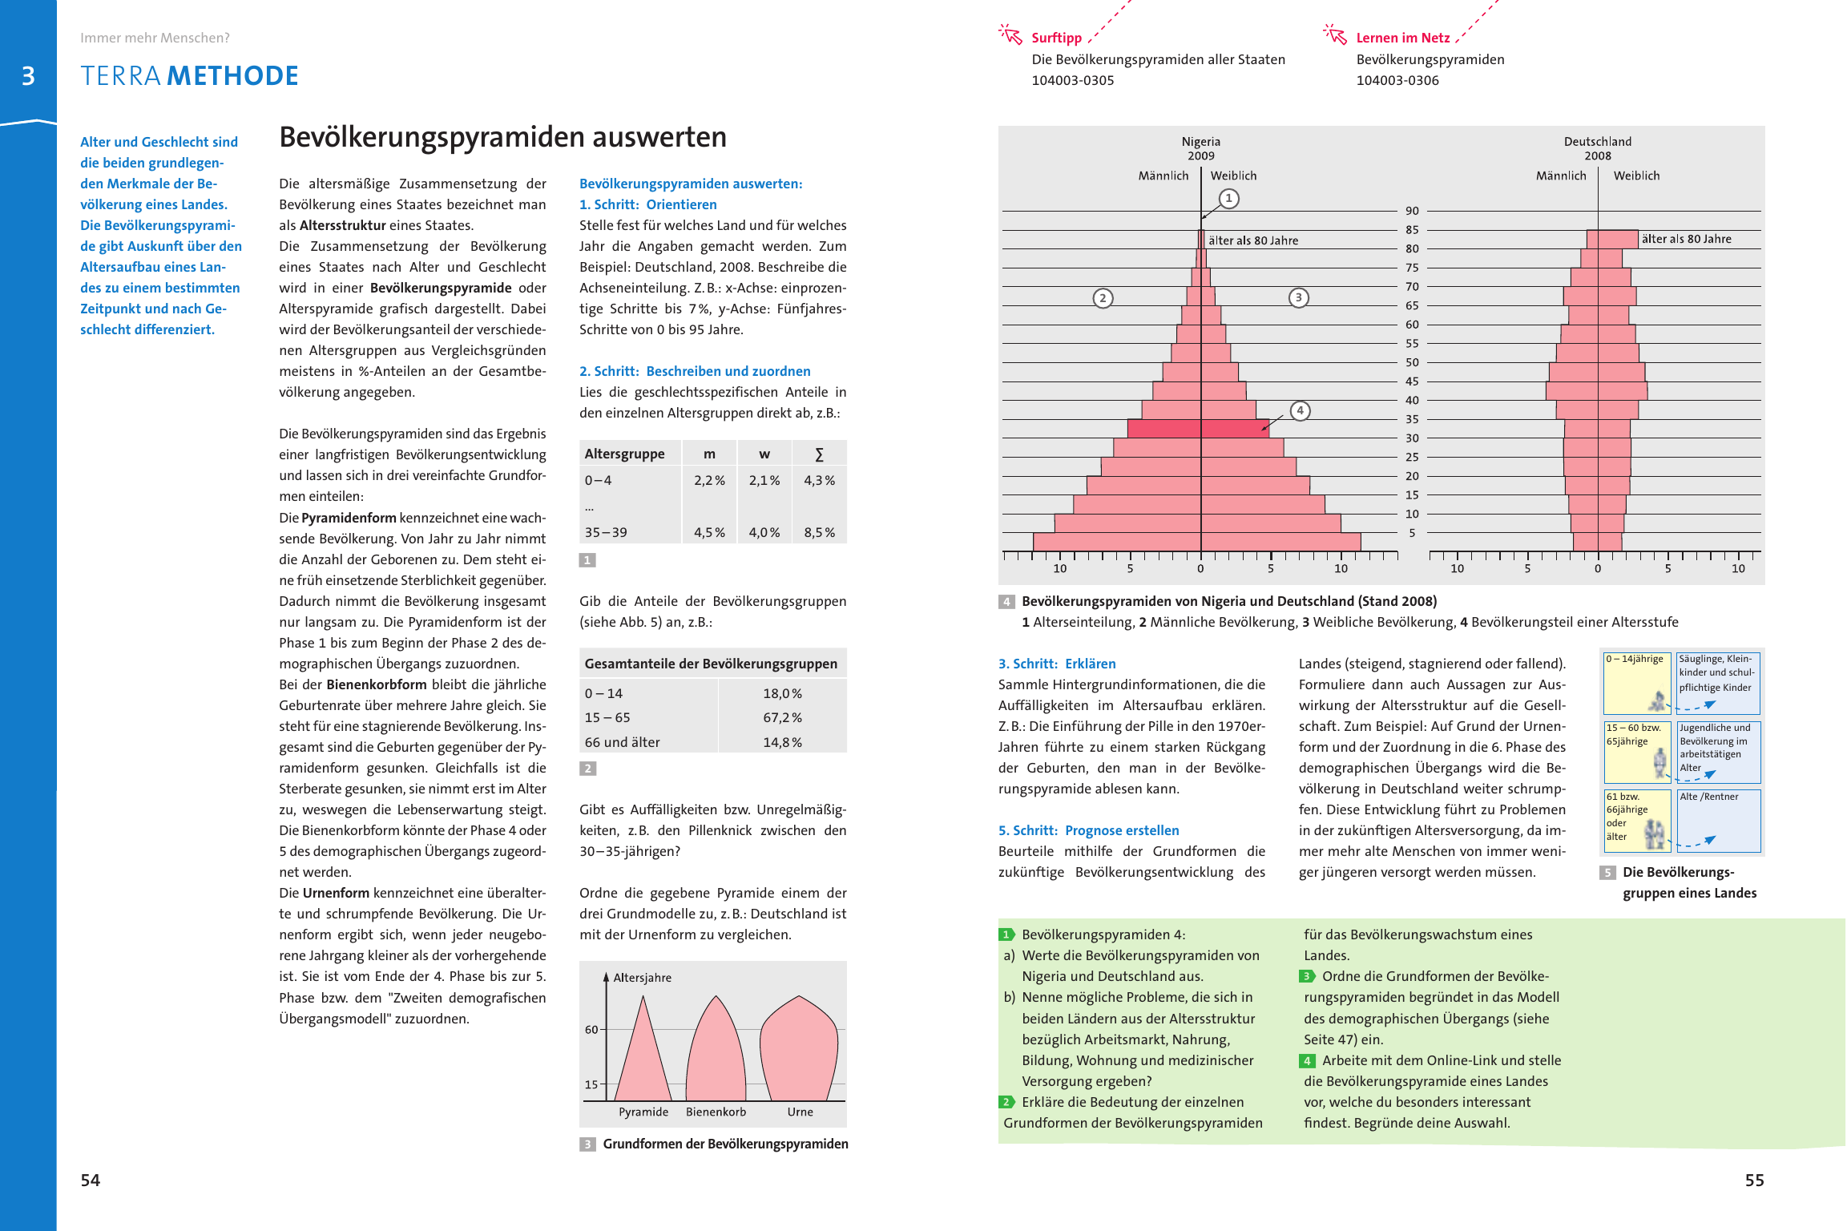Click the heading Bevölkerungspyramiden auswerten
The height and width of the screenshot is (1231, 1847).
(502, 137)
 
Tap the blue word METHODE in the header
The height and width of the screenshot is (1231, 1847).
(232, 76)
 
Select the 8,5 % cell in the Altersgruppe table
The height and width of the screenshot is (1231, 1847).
(819, 532)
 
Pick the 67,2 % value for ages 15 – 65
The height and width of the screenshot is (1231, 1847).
(782, 717)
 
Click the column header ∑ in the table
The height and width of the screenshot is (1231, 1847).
(819, 454)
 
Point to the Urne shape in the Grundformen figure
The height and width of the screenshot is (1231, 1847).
(799, 1050)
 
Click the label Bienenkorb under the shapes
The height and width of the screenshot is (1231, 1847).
(716, 1112)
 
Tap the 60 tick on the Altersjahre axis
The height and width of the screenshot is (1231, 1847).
(591, 1029)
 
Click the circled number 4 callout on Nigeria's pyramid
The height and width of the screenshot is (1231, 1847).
(1300, 411)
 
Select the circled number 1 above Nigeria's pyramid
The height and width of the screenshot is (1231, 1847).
(1228, 198)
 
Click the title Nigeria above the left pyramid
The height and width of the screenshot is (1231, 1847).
(1200, 142)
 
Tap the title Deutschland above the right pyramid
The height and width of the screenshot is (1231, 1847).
(1597, 142)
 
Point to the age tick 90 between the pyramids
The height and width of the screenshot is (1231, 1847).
(1412, 211)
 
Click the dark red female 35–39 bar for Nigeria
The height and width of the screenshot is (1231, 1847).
(1234, 429)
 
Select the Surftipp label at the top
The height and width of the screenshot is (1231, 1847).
(1056, 38)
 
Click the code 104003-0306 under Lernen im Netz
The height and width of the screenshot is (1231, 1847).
(1397, 80)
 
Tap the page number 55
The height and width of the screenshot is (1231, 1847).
(1754, 1180)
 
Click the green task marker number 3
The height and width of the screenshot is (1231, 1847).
(1307, 976)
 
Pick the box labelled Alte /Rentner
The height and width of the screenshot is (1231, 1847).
(1719, 821)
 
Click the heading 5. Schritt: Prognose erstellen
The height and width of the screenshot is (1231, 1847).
(1088, 830)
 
